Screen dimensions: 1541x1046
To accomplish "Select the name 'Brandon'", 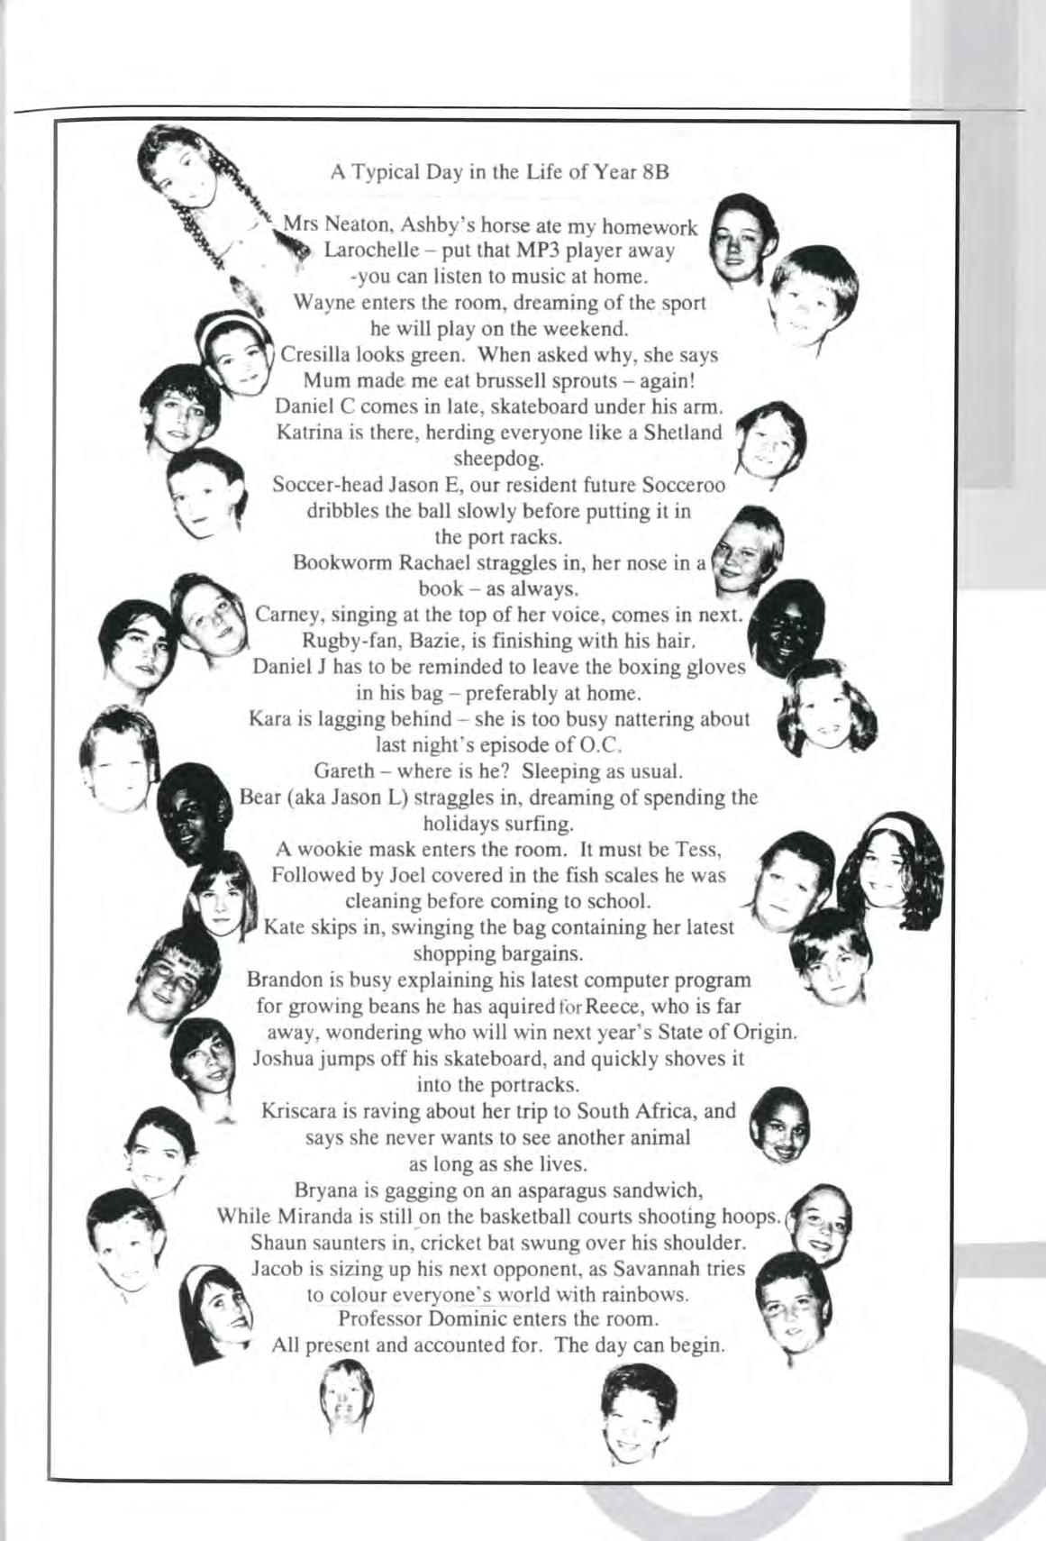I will point(285,980).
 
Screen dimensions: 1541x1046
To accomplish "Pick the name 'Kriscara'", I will point(297,1111).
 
